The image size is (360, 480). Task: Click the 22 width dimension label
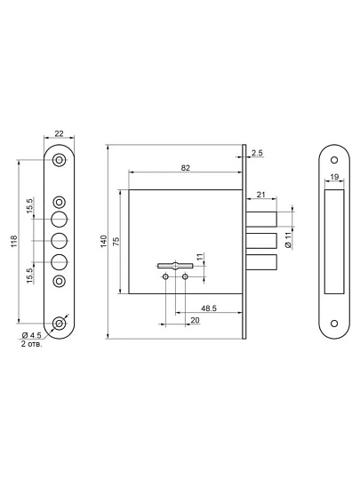click(59, 133)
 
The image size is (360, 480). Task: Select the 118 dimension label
click(14, 242)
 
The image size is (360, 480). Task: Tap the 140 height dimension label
click(104, 242)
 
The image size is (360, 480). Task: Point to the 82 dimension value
click(186, 168)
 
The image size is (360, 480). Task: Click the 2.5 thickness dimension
click(257, 153)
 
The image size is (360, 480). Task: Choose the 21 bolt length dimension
click(260, 195)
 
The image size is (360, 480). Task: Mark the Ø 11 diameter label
click(288, 240)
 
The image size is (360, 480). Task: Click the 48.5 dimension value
click(209, 308)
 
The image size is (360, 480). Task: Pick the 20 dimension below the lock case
click(195, 320)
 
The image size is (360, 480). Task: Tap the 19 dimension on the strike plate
click(334, 177)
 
